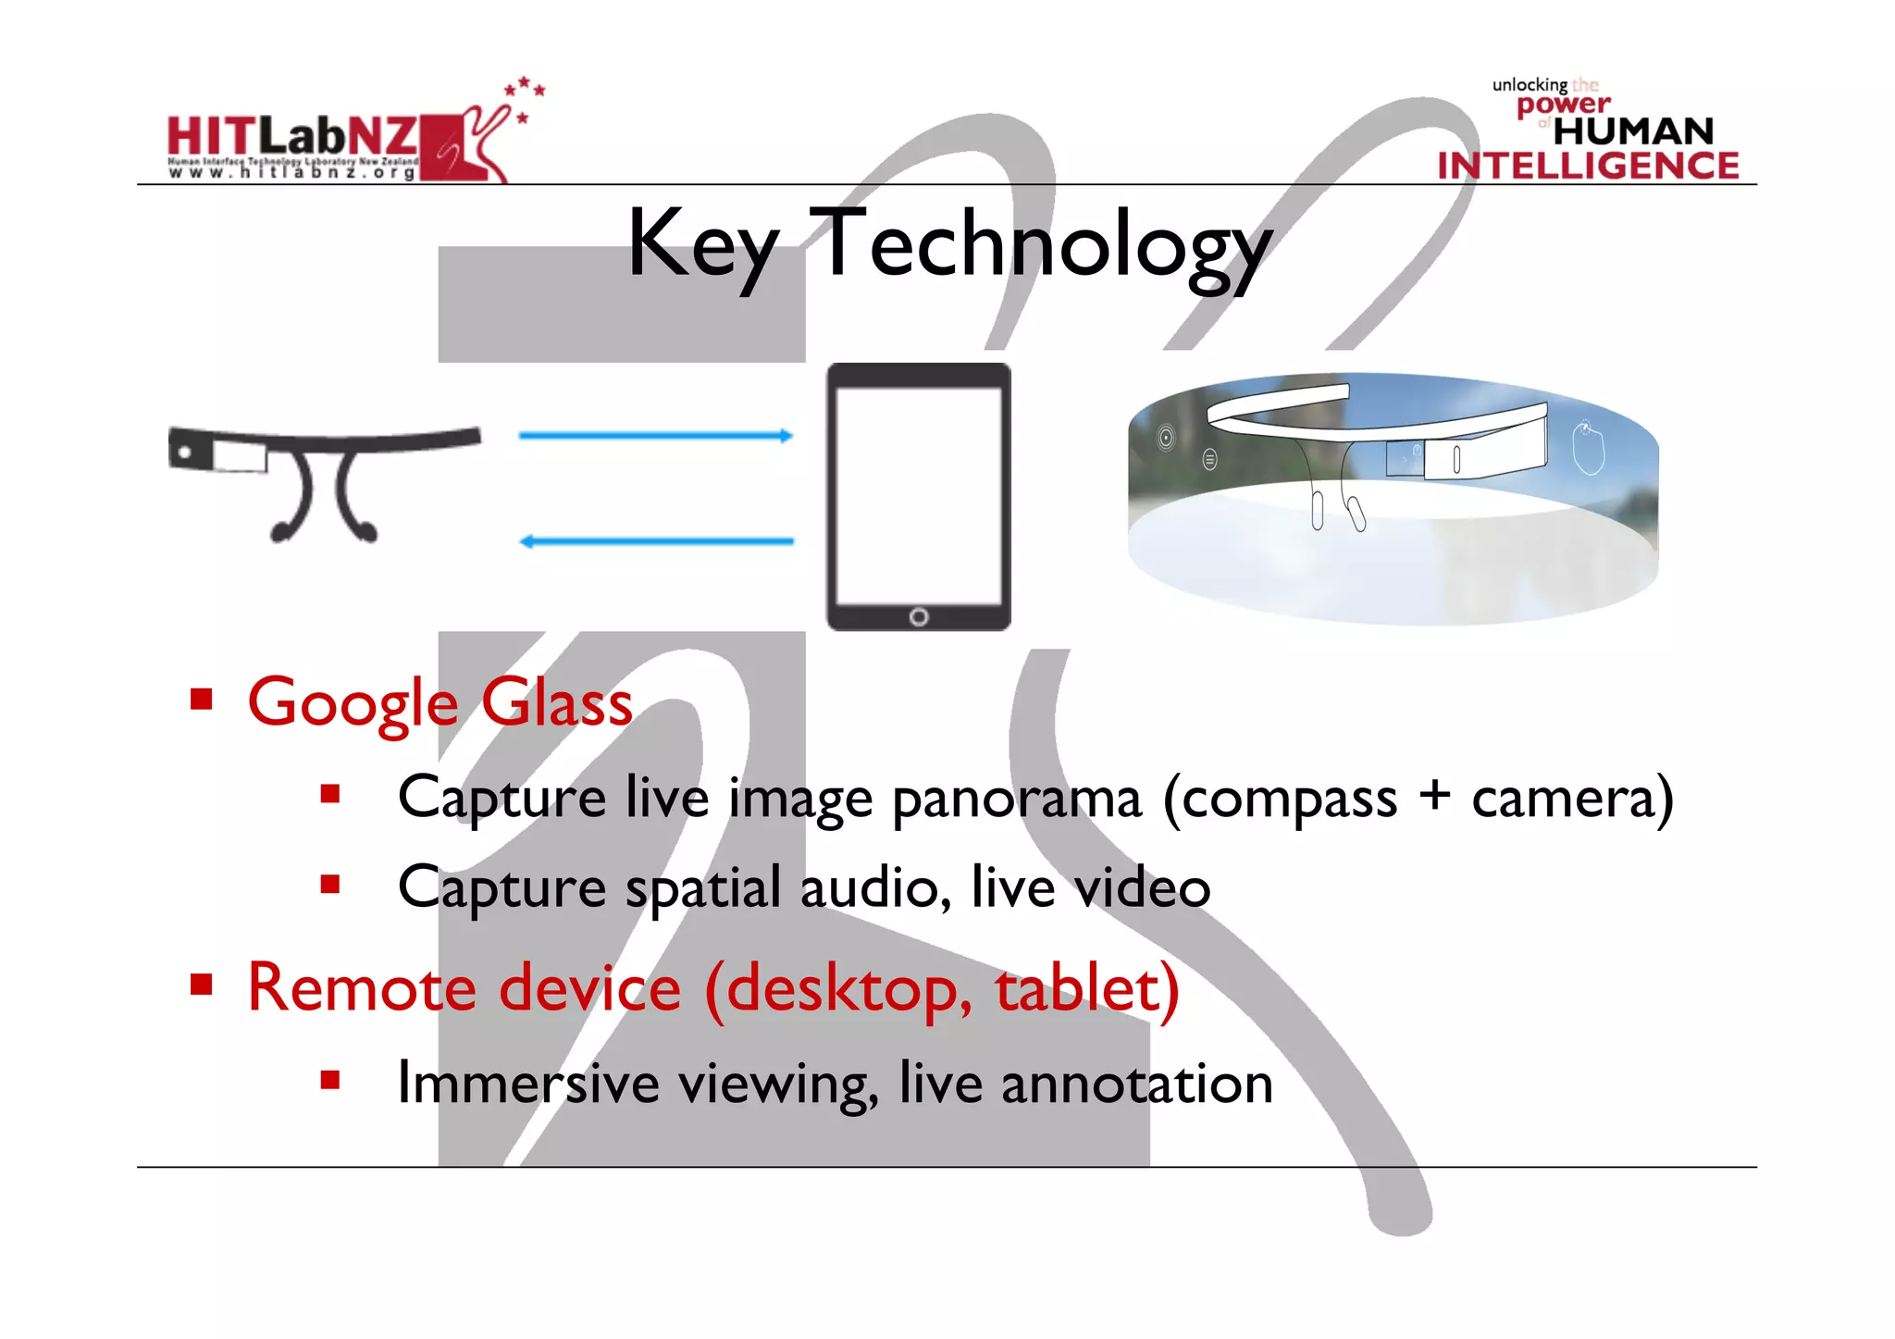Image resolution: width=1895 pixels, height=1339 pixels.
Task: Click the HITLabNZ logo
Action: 342,139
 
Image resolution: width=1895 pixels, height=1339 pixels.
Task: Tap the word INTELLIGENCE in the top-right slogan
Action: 1588,167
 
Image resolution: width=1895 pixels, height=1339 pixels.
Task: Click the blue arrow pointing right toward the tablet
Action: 655,435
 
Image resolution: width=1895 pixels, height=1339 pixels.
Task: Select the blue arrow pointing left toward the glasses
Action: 655,541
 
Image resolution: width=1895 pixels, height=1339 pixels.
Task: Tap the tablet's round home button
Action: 919,617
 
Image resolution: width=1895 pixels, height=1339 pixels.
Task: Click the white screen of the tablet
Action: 918,495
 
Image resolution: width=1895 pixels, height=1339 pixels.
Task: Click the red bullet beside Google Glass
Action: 201,699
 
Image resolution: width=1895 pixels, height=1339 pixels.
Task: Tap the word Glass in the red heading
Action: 557,703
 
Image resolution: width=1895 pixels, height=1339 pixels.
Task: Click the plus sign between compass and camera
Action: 1434,796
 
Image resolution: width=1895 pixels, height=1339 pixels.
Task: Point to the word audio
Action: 875,888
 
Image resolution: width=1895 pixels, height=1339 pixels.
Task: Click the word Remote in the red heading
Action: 362,988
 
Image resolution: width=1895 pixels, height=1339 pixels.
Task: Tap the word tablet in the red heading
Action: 1087,988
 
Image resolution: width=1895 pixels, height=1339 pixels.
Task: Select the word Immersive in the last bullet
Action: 527,1083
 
